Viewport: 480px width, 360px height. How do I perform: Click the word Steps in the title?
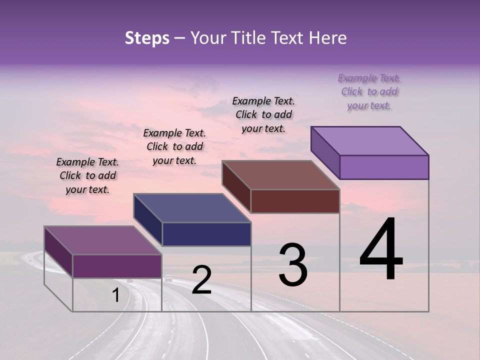click(x=147, y=38)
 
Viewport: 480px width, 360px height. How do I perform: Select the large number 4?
click(x=381, y=251)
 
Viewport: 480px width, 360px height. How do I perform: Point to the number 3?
click(x=292, y=265)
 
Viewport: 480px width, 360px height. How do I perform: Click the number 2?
click(x=201, y=280)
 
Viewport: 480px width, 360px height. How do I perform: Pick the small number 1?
click(x=115, y=295)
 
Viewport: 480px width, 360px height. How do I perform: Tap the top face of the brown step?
click(x=280, y=174)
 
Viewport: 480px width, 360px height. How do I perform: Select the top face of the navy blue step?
click(x=192, y=207)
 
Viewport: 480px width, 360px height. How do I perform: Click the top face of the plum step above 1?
click(x=102, y=240)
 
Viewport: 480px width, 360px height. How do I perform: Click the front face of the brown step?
click(x=295, y=201)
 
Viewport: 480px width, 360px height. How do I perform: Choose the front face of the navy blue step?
click(x=206, y=234)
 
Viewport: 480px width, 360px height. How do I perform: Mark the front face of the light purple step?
click(x=384, y=167)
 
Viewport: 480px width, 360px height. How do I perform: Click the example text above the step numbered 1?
click(x=87, y=176)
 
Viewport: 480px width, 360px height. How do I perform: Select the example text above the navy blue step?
click(x=174, y=147)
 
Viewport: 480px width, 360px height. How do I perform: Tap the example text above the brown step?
click(x=263, y=114)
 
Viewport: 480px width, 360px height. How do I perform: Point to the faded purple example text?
click(x=369, y=92)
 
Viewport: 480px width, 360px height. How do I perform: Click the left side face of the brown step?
click(x=236, y=186)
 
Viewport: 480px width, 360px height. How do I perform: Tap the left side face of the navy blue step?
click(x=148, y=220)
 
